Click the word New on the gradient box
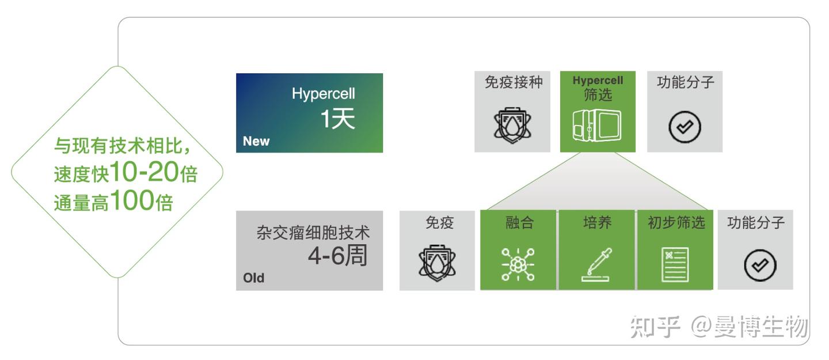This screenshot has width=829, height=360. (x=256, y=141)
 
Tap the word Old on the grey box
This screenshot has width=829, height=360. (x=253, y=278)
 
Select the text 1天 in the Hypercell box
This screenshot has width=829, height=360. (x=337, y=119)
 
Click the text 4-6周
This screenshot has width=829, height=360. (x=337, y=256)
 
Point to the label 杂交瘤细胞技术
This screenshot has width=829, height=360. (x=313, y=233)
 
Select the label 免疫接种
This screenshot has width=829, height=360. (x=513, y=82)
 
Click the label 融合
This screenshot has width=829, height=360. (x=519, y=222)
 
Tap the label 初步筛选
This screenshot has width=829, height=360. (x=676, y=222)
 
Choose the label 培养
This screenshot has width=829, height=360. (x=597, y=222)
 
